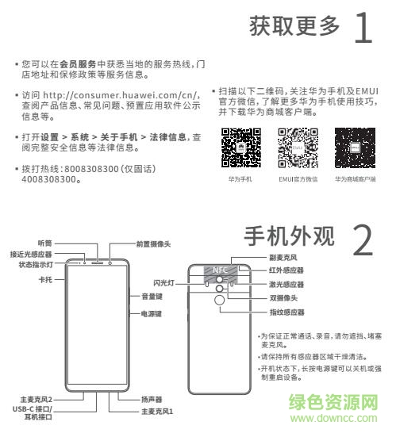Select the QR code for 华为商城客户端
(354, 147)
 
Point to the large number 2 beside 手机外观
(361, 239)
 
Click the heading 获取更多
(294, 26)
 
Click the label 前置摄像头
(153, 244)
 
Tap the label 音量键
(152, 297)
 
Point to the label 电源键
(152, 314)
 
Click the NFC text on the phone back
(219, 270)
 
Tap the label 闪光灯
(164, 282)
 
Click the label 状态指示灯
(37, 265)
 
